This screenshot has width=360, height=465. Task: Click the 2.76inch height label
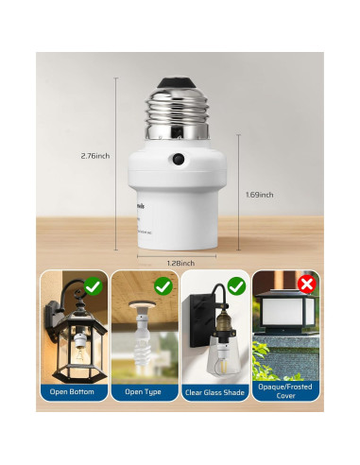tap(96, 155)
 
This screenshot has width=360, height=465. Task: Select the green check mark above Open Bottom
tap(94, 284)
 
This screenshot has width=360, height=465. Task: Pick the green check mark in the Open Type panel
tap(163, 284)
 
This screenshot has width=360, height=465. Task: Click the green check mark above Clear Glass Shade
tap(235, 284)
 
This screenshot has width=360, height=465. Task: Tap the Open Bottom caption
tap(73, 391)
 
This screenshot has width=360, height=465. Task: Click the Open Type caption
tap(143, 391)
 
